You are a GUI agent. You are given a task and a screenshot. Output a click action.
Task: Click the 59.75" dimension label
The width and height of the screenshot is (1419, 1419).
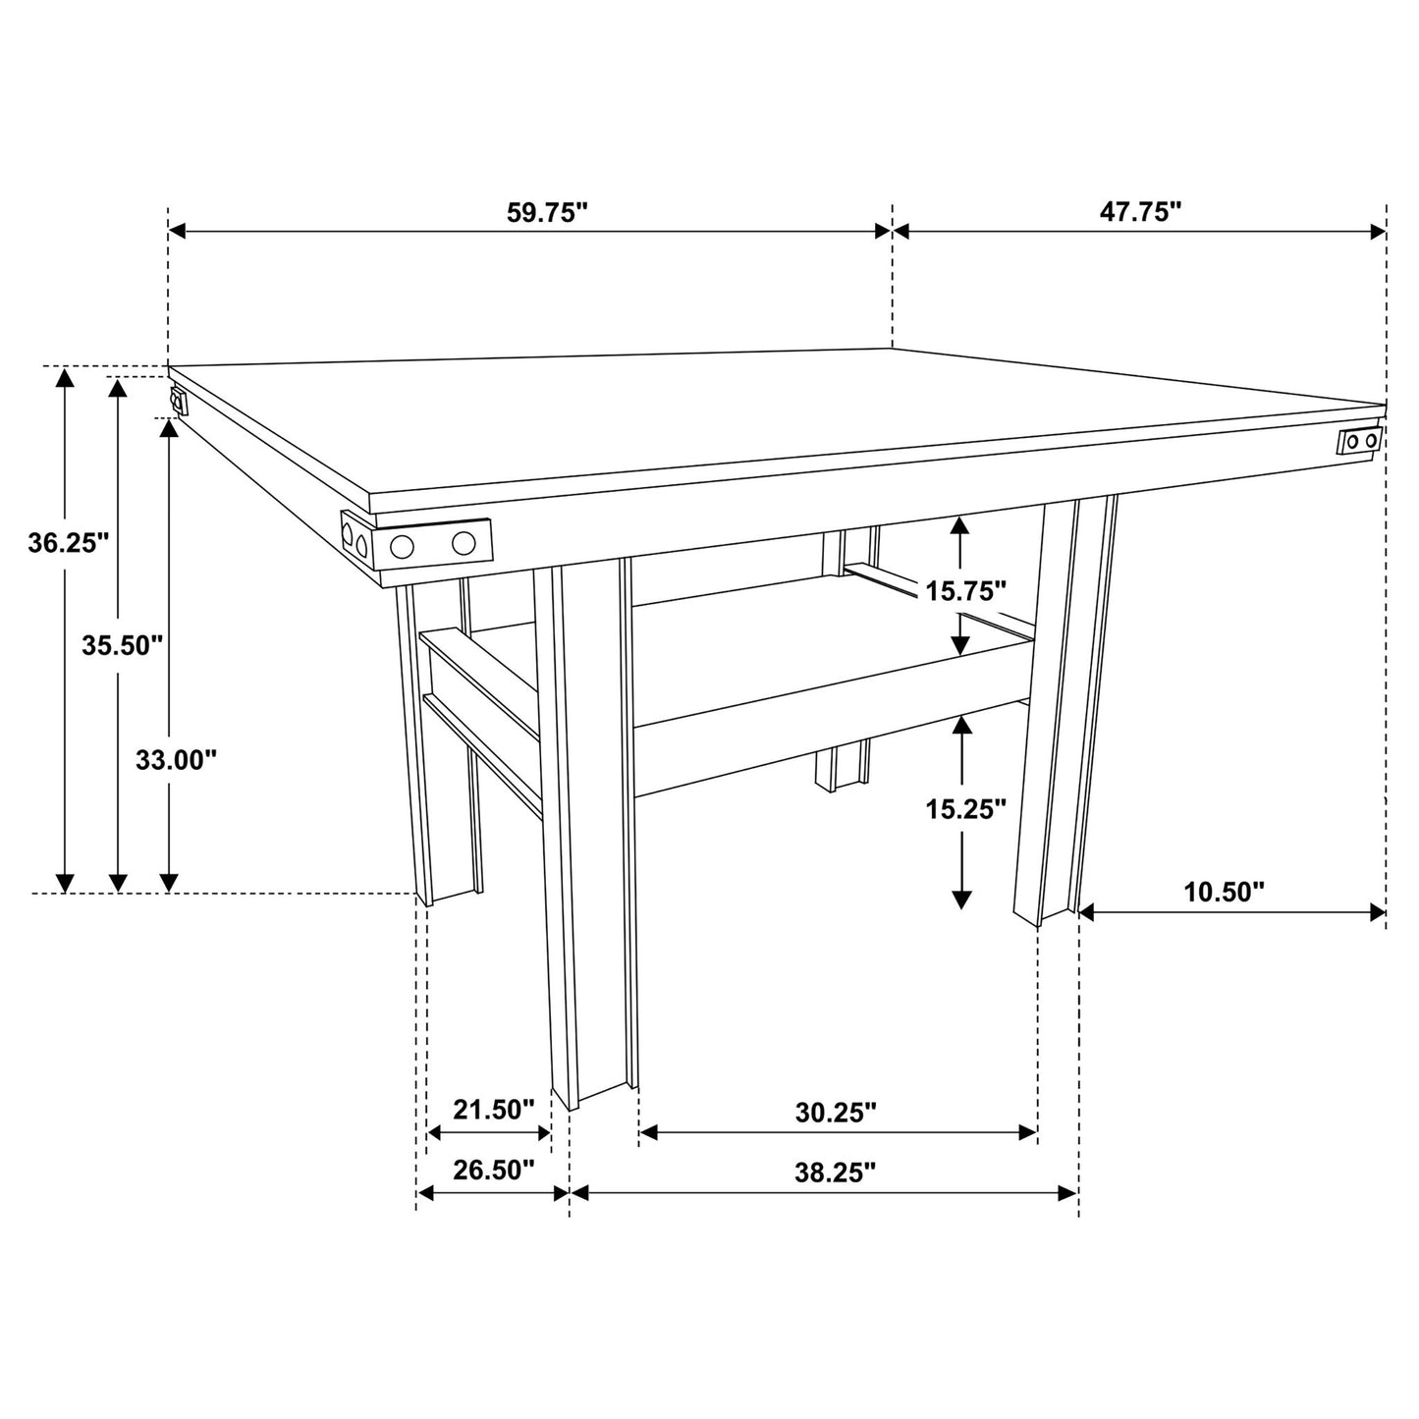pos(546,213)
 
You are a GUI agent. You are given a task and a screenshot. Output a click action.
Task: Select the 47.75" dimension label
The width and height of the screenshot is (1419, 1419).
pos(1139,213)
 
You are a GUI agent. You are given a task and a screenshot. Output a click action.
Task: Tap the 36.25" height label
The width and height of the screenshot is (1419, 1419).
pos(68,543)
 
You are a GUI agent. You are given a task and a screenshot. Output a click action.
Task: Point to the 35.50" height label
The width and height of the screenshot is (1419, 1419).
pos(122,645)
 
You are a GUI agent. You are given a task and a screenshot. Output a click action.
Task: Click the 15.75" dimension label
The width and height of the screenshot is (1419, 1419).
pos(965,590)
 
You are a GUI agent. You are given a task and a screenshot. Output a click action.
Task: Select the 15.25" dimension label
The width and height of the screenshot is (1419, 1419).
pos(965,809)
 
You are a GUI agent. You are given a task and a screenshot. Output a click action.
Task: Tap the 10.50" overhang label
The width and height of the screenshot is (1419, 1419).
pos(1224,892)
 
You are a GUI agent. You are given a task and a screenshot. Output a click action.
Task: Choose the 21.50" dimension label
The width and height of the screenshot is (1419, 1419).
pos(493,1110)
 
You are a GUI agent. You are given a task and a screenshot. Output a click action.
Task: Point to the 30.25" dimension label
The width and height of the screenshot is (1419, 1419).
pos(835,1113)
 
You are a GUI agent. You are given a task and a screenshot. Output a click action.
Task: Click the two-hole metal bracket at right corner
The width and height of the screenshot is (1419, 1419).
pos(1359,442)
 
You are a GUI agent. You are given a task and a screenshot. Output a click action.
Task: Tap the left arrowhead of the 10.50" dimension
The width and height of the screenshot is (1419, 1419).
pos(1086,912)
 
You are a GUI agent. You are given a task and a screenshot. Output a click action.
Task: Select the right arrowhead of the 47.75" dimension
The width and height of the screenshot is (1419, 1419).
pos(1378,232)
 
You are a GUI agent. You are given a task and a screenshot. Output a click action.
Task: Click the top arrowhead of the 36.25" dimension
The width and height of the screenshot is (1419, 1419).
pos(66,376)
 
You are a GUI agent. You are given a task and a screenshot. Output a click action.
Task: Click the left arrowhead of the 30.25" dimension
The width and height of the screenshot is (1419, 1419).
pos(647,1133)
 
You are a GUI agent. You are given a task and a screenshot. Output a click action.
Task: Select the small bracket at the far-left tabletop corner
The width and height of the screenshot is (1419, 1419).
pos(178,401)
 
